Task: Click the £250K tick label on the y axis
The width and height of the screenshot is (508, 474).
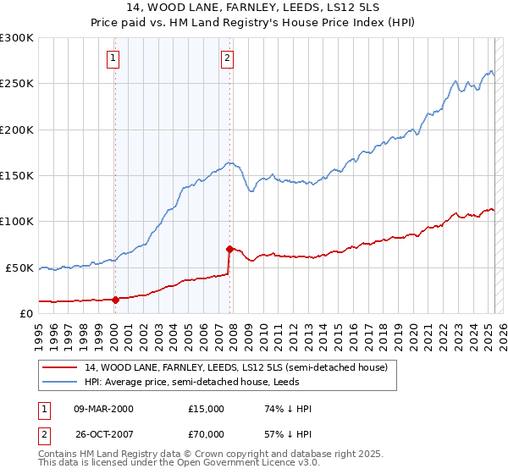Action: pos(17,84)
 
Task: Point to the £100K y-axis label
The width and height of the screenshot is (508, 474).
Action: pos(17,221)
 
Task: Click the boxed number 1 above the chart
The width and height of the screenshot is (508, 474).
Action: pos(113,58)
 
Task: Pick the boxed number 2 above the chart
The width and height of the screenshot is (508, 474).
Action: pos(228,58)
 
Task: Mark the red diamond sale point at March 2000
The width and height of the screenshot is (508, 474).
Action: pos(115,299)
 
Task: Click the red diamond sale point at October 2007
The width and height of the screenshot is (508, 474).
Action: pos(229,249)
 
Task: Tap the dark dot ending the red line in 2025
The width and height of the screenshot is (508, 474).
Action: pos(495,310)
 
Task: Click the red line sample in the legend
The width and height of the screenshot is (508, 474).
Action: pos(60,367)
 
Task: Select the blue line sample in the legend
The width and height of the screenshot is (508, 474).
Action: pos(60,381)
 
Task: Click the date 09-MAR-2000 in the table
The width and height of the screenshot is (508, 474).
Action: pos(102,409)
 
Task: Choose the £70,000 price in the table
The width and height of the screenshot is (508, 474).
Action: pos(207,433)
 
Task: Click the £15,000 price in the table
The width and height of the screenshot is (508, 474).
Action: pos(207,409)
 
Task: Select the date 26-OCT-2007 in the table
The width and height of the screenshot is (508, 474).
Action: pos(102,433)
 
